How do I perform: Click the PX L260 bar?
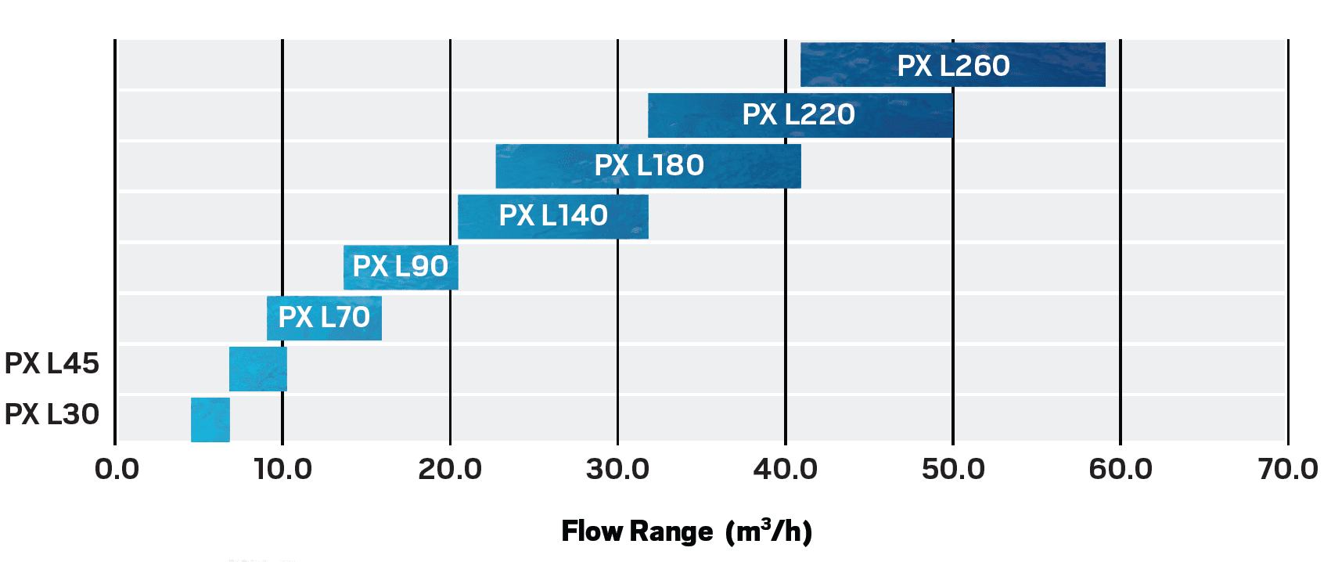[952, 65]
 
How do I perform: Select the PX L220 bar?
[800, 115]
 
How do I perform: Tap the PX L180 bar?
[648, 166]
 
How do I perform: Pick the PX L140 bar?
[552, 216]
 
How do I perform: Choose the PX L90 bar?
[401, 267]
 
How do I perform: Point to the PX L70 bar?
[324, 318]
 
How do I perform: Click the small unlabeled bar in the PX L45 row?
[257, 369]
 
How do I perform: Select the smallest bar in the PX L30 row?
[210, 420]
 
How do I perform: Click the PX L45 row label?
[52, 364]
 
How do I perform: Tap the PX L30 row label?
[52, 414]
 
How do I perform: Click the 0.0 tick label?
[117, 470]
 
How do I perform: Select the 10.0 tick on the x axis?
[282, 470]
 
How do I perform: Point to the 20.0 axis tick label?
[450, 470]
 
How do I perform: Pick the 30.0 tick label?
[617, 470]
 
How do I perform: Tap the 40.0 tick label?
[785, 470]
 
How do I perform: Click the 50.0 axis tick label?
[952, 470]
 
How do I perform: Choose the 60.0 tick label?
[1120, 470]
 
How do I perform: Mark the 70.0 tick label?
[1287, 470]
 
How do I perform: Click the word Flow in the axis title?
[592, 531]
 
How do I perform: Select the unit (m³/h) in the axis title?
[768, 531]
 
